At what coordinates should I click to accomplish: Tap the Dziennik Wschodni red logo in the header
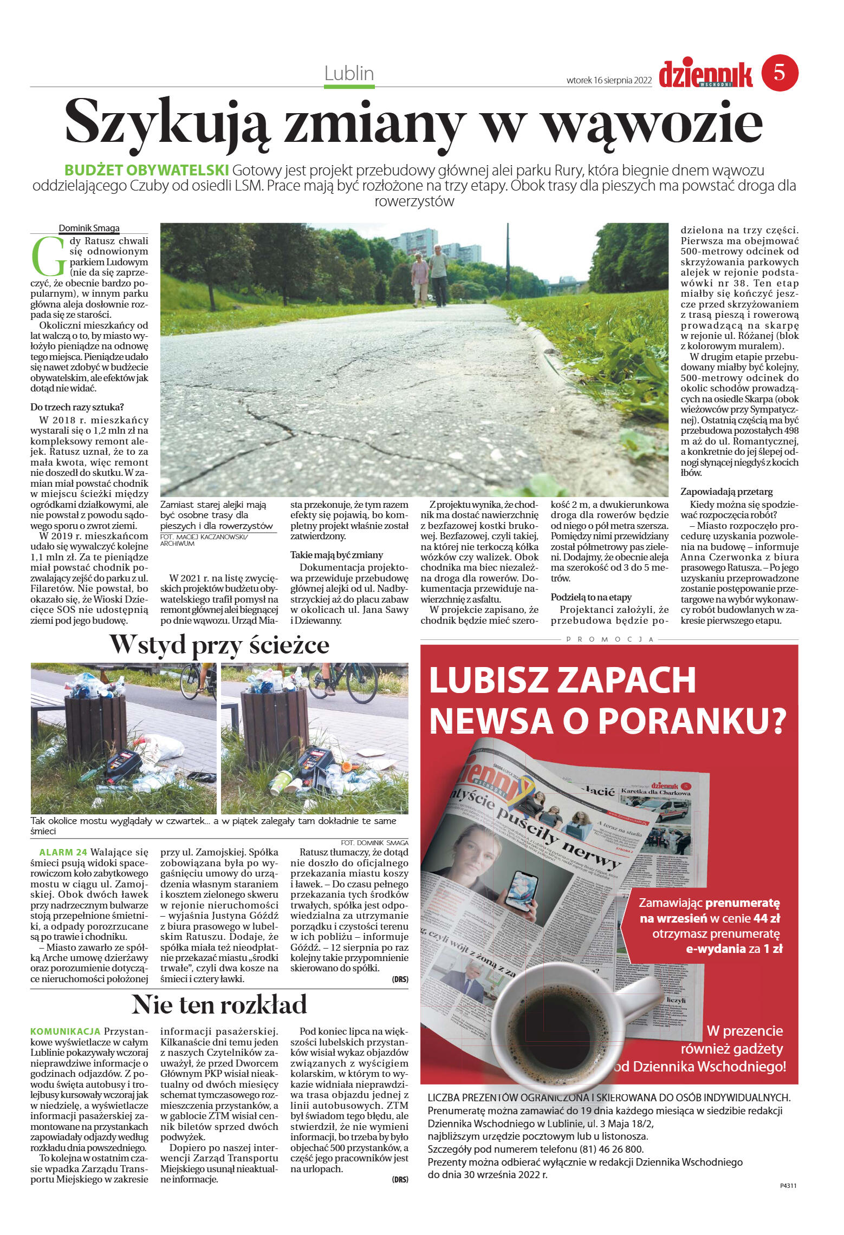tap(705, 74)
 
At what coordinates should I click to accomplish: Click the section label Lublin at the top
tap(349, 73)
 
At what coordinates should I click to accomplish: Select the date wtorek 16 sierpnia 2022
tap(608, 80)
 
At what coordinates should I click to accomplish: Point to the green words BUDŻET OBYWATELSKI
tap(146, 170)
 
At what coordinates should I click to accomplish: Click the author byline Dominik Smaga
tap(89, 228)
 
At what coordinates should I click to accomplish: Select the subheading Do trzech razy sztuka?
tap(77, 407)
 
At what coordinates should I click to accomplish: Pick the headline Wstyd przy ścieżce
tap(219, 644)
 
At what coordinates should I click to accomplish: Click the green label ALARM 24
tap(63, 852)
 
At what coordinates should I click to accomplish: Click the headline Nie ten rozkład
tap(219, 1004)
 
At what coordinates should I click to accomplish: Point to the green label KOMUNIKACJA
tap(66, 1031)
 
